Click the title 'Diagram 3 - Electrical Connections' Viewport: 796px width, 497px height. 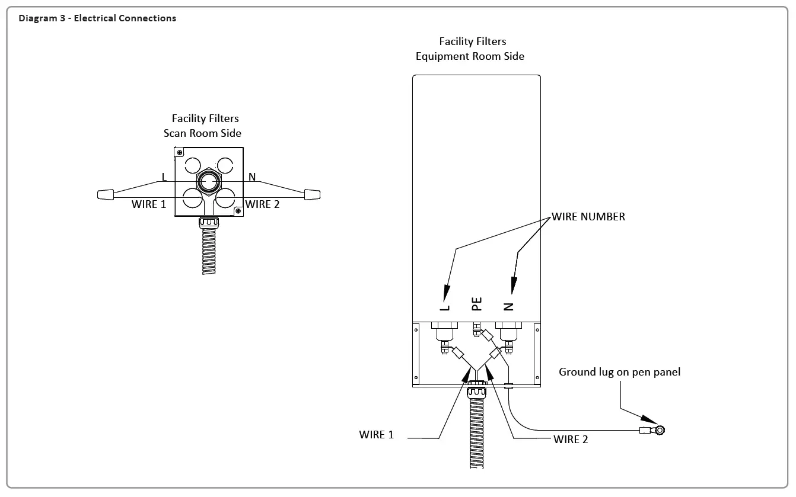97,18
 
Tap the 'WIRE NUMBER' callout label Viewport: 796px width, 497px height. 588,217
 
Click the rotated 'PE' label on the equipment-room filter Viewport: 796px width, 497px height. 477,304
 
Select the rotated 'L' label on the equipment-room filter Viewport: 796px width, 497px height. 445,306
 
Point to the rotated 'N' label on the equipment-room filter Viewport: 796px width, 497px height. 508,306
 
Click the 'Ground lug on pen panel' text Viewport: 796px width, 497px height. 619,372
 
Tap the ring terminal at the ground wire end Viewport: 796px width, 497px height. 658,430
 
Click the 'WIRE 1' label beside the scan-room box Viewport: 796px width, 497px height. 148,204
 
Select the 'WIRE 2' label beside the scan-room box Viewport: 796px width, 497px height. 262,204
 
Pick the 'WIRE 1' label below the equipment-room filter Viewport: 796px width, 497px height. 376,435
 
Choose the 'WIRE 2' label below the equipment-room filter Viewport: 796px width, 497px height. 570,439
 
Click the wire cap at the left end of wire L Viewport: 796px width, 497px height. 106,194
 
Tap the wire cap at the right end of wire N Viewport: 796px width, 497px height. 312,194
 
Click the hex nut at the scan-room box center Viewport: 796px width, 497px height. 208,181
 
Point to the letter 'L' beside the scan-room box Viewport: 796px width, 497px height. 164,177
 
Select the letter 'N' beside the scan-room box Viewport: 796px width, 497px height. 252,177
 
